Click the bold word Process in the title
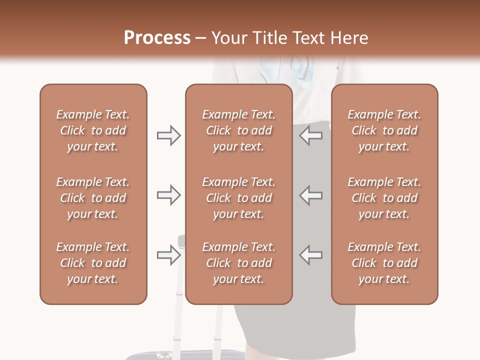[x=157, y=38]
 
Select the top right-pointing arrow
[x=168, y=135]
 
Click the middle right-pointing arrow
[x=168, y=195]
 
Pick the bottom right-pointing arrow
[x=168, y=255]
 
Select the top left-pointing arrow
[x=310, y=135]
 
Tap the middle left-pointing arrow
[x=310, y=195]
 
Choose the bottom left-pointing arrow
[x=310, y=255]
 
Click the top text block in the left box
[x=93, y=130]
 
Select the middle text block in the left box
[x=93, y=198]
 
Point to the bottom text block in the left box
[x=93, y=263]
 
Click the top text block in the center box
[x=238, y=130]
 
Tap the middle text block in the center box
[x=238, y=198]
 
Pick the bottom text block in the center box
[x=238, y=263]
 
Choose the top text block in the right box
[x=384, y=130]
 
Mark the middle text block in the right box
[x=384, y=198]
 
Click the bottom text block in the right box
[x=384, y=263]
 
